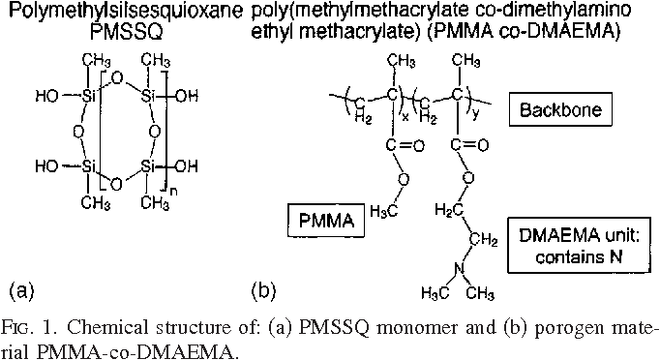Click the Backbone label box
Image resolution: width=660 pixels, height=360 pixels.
point(560,109)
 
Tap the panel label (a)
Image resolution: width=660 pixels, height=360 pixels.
point(21,288)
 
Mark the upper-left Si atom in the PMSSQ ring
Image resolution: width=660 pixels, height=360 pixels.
point(87,97)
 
